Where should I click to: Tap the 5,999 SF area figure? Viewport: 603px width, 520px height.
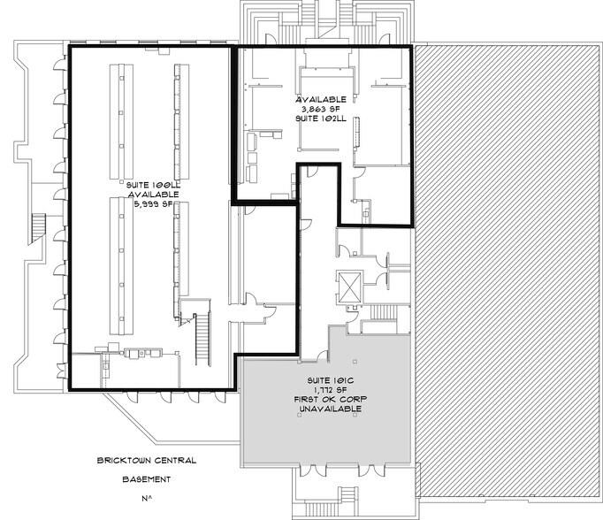pyautogui.click(x=154, y=204)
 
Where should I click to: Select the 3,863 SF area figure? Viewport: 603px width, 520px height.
pyautogui.click(x=321, y=109)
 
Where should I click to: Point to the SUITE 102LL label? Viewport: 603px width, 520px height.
pyautogui.click(x=321, y=119)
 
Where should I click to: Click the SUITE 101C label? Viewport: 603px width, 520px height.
pyautogui.click(x=331, y=380)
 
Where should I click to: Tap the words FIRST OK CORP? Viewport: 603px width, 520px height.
pyautogui.click(x=331, y=399)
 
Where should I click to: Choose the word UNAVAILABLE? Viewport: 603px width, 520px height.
pyautogui.click(x=331, y=409)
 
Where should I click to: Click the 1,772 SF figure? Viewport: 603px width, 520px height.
pyautogui.click(x=331, y=390)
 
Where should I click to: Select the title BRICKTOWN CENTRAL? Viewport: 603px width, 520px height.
pyautogui.click(x=147, y=460)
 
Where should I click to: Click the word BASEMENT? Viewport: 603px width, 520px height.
pyautogui.click(x=147, y=479)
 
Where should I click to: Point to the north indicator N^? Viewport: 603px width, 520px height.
pyautogui.click(x=147, y=499)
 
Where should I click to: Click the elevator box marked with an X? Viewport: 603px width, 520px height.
pyautogui.click(x=349, y=287)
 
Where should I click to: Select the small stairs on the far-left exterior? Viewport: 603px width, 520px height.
pyautogui.click(x=37, y=228)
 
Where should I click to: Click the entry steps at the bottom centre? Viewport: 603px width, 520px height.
pyautogui.click(x=347, y=493)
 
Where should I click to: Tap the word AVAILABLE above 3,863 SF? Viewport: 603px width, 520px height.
pyautogui.click(x=321, y=100)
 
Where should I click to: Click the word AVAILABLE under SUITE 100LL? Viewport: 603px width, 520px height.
pyautogui.click(x=154, y=195)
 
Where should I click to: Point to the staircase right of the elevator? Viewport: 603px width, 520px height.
pyautogui.click(x=383, y=312)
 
